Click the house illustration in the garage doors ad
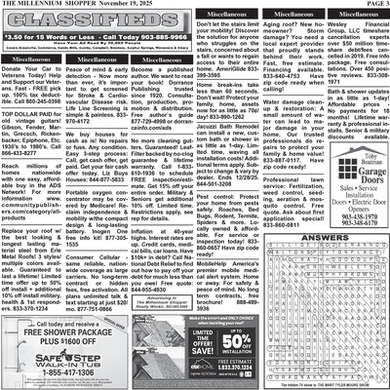332,194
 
